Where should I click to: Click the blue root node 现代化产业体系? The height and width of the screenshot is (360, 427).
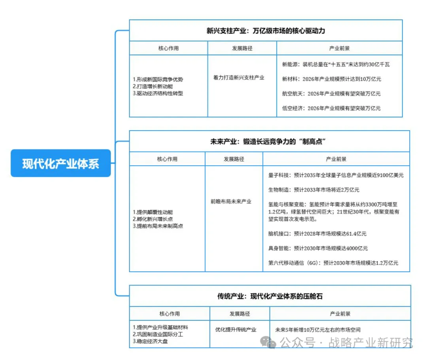click(60, 163)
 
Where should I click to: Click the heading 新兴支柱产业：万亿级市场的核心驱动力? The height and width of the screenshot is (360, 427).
click(266, 30)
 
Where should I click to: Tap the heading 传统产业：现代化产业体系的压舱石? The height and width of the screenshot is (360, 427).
click(270, 296)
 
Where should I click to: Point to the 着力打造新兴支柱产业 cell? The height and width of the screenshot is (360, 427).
click(239, 78)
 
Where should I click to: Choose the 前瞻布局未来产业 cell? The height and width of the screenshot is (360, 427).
click(231, 201)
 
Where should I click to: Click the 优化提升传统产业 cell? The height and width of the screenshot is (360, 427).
click(236, 329)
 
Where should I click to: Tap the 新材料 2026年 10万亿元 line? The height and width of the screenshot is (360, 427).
click(331, 79)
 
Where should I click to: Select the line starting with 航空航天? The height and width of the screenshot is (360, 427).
click(331, 94)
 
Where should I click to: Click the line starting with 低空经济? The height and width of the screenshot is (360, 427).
click(331, 108)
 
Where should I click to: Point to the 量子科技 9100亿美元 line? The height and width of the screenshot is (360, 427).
click(336, 175)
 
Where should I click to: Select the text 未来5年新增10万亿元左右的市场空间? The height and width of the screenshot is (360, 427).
click(318, 330)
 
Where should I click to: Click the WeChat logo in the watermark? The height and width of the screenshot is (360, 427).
click(271, 342)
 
